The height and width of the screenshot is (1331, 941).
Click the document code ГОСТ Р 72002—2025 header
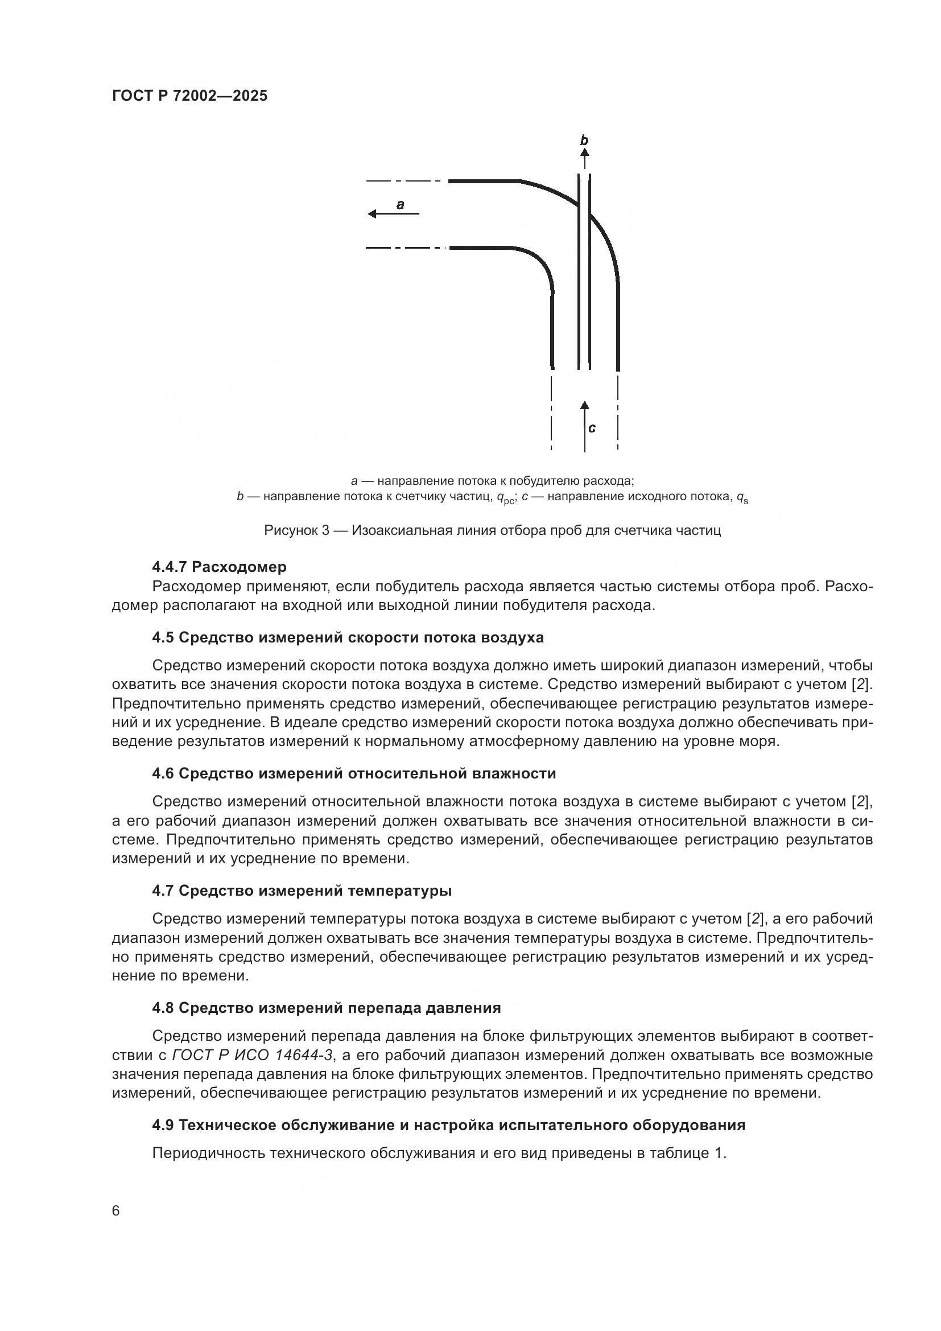[189, 96]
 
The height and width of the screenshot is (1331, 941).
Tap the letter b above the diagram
[584, 140]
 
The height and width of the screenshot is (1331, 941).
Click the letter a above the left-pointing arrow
[400, 204]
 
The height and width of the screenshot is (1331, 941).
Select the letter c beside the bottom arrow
[592, 428]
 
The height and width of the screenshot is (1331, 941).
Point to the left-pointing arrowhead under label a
[373, 214]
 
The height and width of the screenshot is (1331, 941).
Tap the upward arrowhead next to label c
[585, 405]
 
